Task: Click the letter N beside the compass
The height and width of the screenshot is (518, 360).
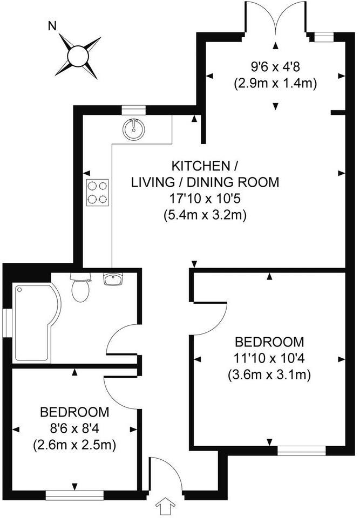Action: (x=52, y=25)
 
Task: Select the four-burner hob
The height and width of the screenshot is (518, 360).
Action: (x=97, y=192)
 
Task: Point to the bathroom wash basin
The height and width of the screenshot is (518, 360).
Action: (x=113, y=279)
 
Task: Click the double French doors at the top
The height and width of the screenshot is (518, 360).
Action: (x=276, y=19)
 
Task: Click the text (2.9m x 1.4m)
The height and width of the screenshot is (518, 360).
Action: (x=275, y=84)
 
